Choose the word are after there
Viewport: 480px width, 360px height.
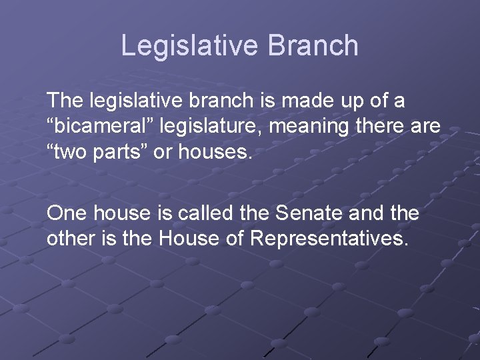[426, 127]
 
